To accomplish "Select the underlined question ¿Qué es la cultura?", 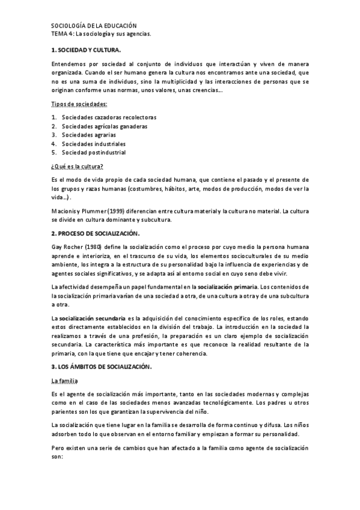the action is coord(78,166).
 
